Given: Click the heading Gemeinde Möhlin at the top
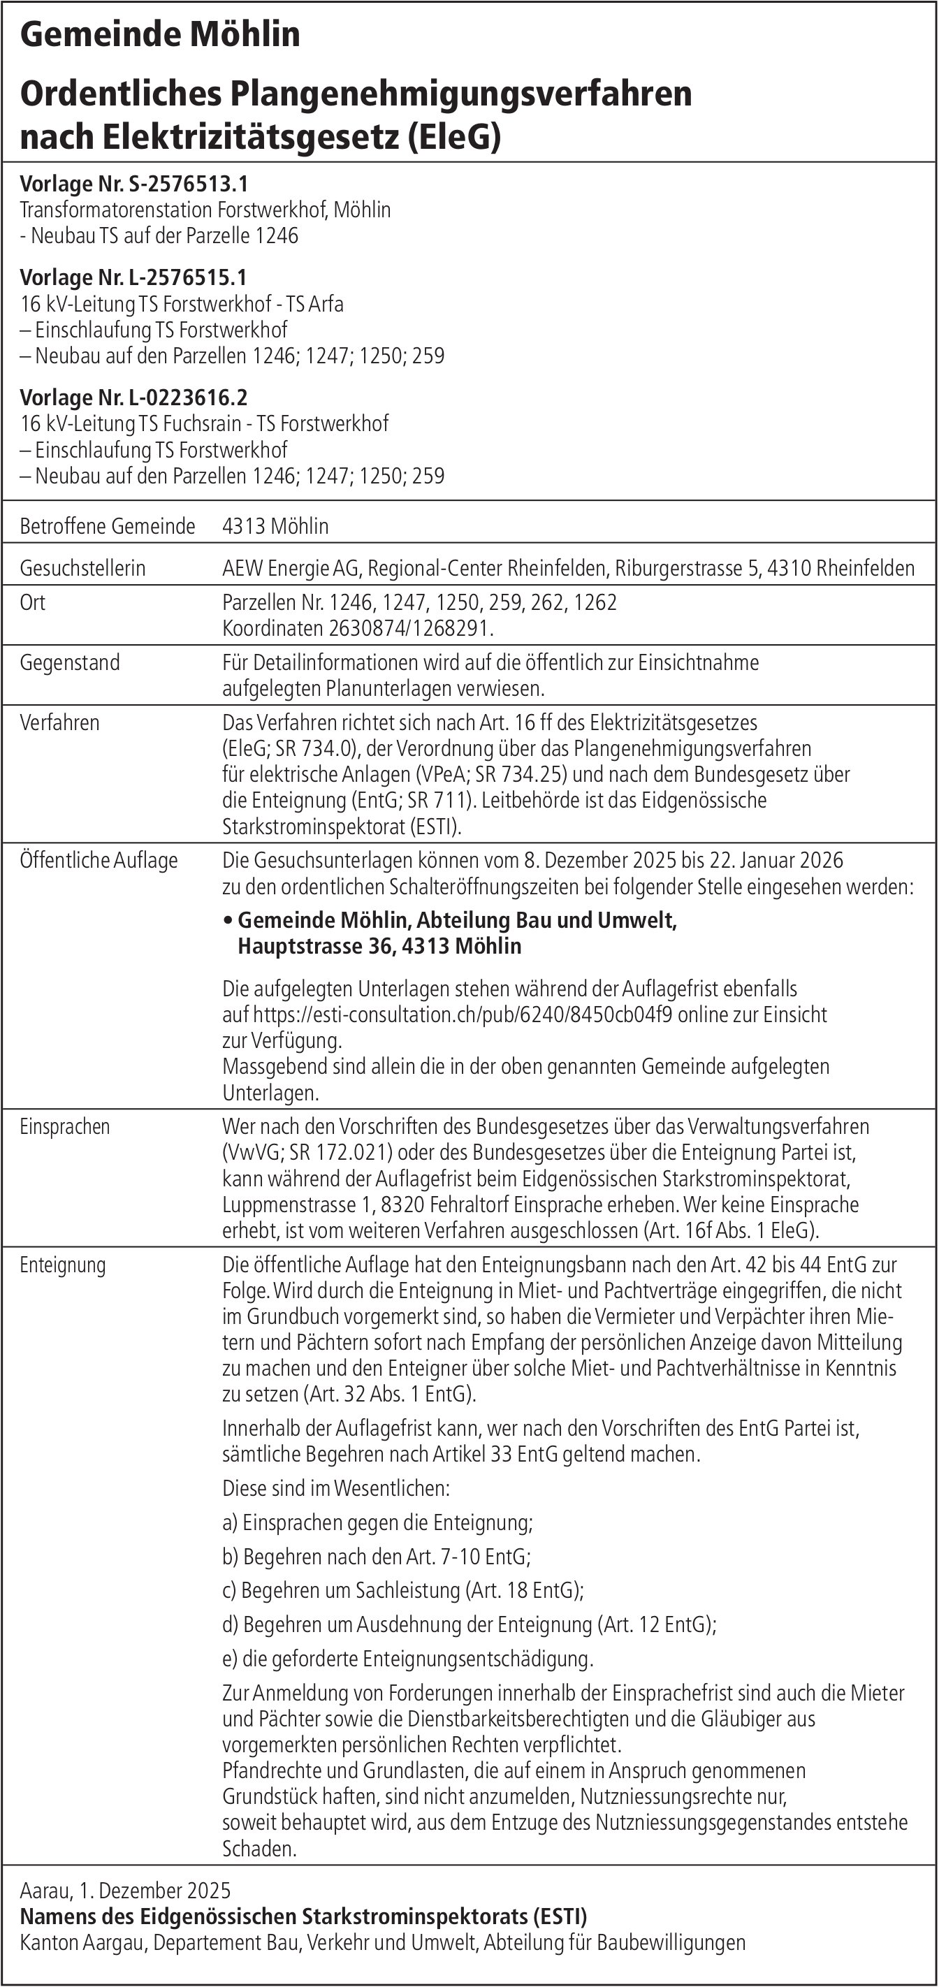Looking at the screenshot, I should point(160,35).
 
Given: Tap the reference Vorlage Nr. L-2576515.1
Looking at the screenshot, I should point(133,277).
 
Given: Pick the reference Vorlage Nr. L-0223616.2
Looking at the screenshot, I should point(133,398).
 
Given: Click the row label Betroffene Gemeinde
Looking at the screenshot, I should point(108,526).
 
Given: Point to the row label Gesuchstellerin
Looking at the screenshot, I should point(82,569).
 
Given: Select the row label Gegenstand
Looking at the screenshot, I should point(69,662).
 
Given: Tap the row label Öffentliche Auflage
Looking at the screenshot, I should point(99,860).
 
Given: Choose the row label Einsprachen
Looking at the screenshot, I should point(65,1127).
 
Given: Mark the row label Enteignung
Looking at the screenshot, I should point(62,1265).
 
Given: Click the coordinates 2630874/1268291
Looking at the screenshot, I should point(409,629).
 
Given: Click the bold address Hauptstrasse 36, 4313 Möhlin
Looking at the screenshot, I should point(379,947).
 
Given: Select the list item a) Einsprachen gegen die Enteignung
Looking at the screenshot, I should point(377,1522).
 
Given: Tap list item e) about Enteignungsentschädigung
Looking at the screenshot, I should point(407,1659).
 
